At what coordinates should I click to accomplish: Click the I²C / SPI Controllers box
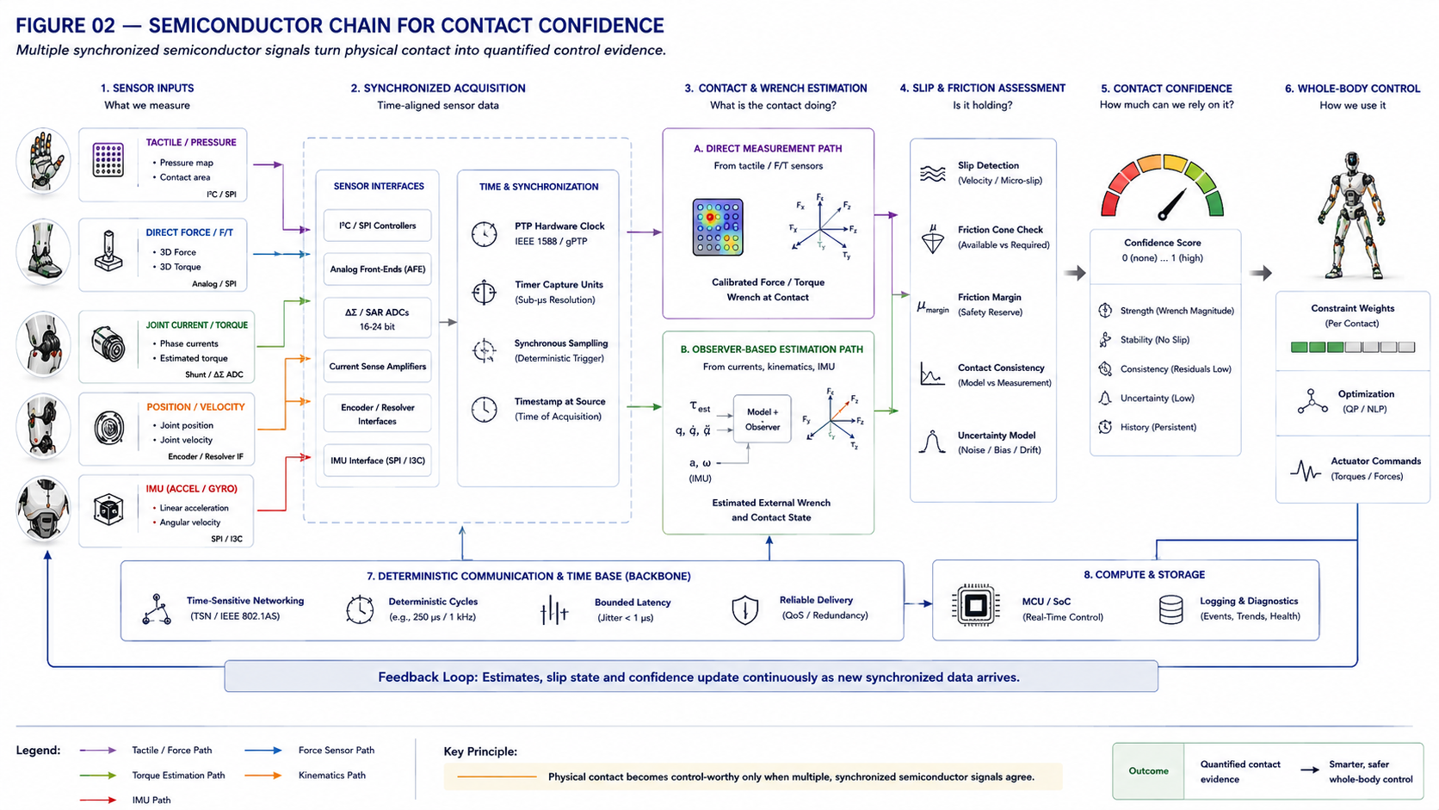[377, 226]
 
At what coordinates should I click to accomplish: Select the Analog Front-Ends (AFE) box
[377, 269]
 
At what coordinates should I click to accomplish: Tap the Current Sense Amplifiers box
[377, 366]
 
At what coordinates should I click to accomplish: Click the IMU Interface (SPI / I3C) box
[377, 461]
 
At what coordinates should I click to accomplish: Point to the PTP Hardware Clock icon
[484, 234]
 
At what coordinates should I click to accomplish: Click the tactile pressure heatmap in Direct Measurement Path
[718, 227]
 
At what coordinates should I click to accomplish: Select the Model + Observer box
[762, 419]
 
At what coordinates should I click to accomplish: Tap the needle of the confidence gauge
[1172, 205]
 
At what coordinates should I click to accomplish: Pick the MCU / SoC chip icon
[976, 605]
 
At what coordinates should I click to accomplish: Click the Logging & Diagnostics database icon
[1170, 609]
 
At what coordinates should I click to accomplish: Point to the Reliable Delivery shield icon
[744, 609]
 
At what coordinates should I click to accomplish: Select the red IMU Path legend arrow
[97, 801]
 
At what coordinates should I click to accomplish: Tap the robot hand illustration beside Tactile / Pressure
[43, 161]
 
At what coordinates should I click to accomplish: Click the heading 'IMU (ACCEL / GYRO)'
[191, 489]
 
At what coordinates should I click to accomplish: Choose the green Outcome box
[1148, 770]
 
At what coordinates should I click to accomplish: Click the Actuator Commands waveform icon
[1306, 470]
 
